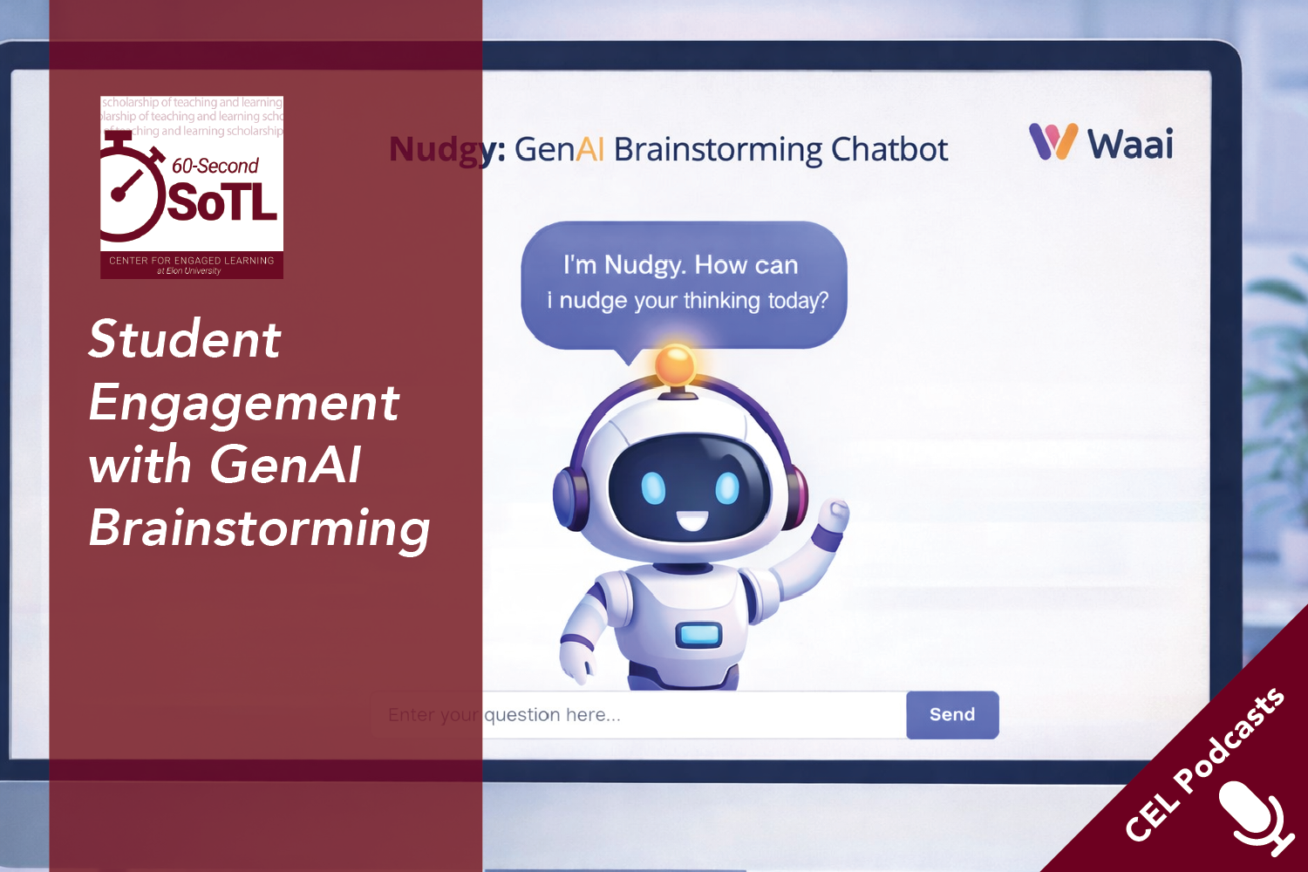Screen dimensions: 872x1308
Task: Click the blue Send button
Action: (x=952, y=715)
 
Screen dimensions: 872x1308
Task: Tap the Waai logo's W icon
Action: (x=1053, y=142)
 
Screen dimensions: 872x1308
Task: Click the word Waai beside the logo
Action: (x=1130, y=145)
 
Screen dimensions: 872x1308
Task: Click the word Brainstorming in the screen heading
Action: (x=718, y=151)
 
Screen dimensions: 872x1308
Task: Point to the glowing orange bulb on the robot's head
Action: (x=675, y=364)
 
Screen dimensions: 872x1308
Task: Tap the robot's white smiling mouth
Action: (x=692, y=521)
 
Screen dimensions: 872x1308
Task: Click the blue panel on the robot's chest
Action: (x=698, y=634)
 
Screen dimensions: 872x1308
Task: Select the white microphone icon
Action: (x=1255, y=815)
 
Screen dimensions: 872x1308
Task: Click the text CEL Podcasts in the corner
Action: (x=1203, y=766)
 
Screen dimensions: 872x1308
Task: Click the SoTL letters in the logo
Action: (x=222, y=203)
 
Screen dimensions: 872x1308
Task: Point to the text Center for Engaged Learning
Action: (x=191, y=261)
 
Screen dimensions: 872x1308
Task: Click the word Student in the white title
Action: (x=185, y=339)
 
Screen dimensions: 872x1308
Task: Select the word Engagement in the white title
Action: (x=244, y=403)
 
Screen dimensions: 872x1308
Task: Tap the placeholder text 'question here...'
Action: (x=552, y=715)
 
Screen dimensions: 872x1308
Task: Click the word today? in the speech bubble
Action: (x=797, y=301)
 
